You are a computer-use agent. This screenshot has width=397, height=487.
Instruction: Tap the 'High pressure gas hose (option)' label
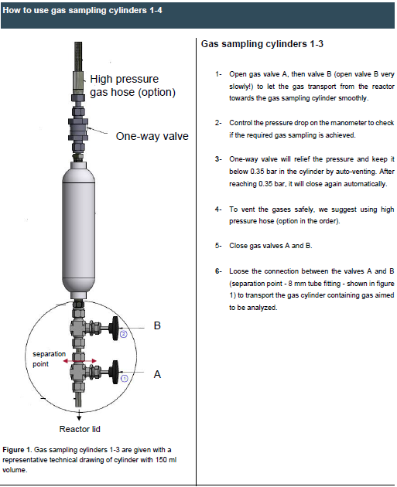tap(132, 86)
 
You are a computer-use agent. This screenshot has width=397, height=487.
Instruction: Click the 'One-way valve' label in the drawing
tap(152, 137)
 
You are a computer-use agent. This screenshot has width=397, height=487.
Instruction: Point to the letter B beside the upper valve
tap(157, 326)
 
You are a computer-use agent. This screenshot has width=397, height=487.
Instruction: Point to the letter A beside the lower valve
tap(157, 373)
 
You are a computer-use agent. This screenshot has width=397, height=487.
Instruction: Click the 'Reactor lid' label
tap(80, 429)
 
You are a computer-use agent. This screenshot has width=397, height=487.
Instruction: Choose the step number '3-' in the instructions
tap(219, 159)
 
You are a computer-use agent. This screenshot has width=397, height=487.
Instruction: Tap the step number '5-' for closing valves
tap(219, 245)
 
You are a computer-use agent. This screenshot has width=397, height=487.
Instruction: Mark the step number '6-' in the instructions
tap(219, 271)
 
